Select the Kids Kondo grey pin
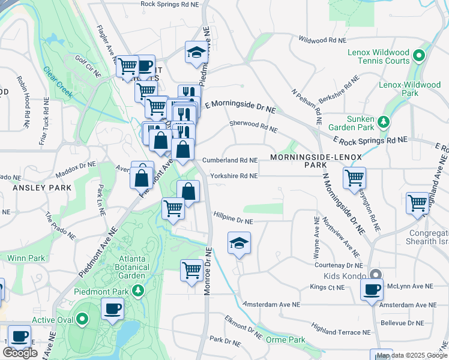376,275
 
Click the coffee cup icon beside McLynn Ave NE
372,289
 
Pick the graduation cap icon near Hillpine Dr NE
239,243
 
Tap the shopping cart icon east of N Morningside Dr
355,178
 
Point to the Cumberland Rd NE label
230,161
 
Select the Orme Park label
286,340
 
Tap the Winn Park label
26,258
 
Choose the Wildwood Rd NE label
323,40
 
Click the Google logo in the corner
20,353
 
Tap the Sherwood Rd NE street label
254,126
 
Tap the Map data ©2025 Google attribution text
411,355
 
